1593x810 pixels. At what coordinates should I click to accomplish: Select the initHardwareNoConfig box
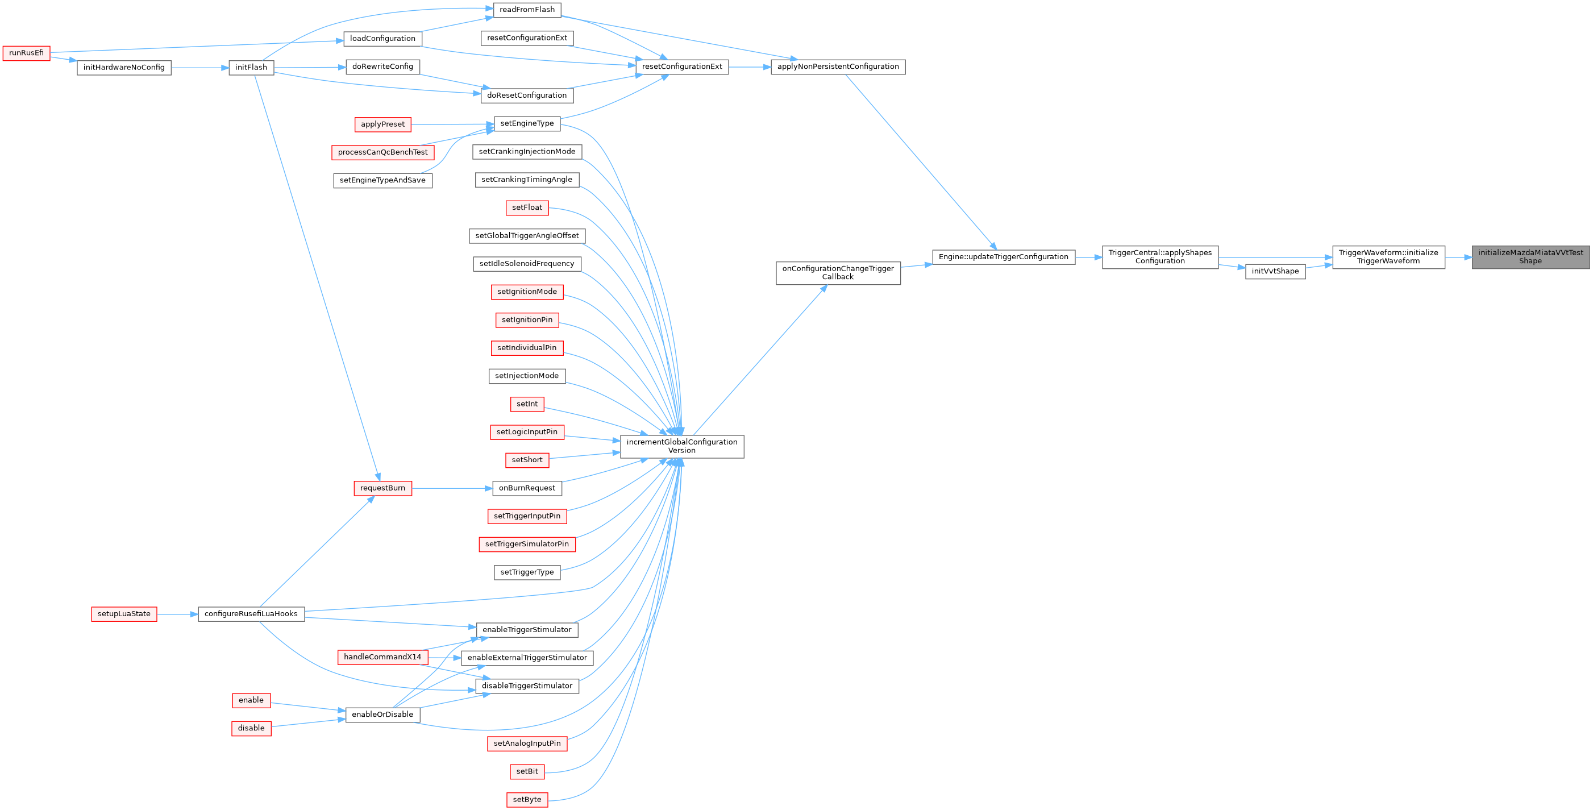(x=124, y=68)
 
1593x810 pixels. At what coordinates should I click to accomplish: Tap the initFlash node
(x=251, y=68)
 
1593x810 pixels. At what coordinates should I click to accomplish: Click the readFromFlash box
(x=527, y=10)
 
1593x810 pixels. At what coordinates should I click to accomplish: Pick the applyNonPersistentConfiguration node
(x=838, y=67)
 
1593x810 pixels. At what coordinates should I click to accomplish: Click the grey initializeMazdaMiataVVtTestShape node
(x=1530, y=256)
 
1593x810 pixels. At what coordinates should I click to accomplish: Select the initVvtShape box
(x=1275, y=272)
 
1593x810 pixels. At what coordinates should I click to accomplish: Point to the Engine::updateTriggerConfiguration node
(x=1003, y=256)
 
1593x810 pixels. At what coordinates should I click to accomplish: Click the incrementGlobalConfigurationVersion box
(x=681, y=446)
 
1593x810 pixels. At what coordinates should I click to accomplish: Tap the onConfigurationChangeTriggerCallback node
(x=838, y=273)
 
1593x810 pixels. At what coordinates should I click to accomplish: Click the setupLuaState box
(x=124, y=614)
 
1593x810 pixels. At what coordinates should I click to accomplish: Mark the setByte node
(x=527, y=800)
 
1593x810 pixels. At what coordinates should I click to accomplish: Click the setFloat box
(x=527, y=207)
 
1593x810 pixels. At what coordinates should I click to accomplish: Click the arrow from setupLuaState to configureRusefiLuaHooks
(x=177, y=614)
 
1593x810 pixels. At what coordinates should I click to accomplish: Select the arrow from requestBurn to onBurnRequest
(x=451, y=488)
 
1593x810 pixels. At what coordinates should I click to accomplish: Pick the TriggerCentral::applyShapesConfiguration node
(x=1159, y=256)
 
